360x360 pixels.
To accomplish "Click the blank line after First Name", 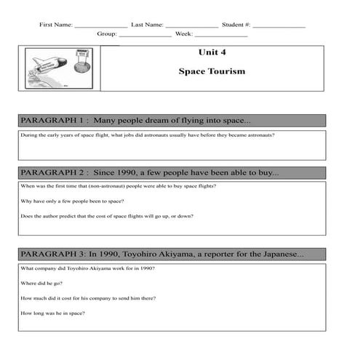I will (100, 26).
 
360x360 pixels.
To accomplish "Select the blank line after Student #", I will (279, 26).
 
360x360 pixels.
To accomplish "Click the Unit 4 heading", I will (212, 52).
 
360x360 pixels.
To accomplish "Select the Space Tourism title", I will (212, 71).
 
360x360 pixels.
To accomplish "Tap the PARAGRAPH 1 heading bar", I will (172, 121).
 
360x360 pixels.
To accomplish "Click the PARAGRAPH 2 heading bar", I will (172, 173).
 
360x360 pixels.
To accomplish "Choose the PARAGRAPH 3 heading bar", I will (172, 254).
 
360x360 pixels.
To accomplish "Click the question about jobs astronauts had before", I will (148, 135).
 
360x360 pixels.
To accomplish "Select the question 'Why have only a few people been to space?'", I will (72, 201).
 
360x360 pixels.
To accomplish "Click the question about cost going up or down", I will (107, 216).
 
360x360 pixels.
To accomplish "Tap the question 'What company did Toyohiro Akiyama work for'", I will (88, 268).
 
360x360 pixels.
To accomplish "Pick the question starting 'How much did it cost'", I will (88, 298).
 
